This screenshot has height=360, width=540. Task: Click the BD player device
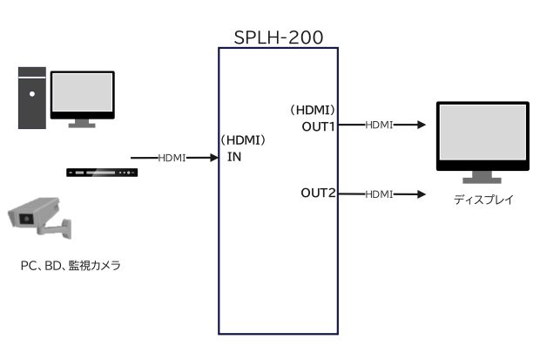click(x=102, y=171)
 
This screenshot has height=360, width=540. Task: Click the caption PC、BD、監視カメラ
click(x=70, y=266)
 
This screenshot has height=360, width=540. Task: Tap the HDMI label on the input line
click(x=172, y=158)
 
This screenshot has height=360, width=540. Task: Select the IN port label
click(x=234, y=157)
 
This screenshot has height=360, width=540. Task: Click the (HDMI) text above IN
click(x=243, y=139)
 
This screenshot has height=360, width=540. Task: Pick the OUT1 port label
click(x=319, y=126)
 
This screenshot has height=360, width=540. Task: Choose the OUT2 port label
click(x=319, y=193)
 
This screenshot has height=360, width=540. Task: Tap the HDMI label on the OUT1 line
click(x=379, y=125)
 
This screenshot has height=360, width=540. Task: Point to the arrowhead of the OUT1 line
click(x=422, y=125)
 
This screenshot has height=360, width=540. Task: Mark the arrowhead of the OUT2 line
click(x=422, y=193)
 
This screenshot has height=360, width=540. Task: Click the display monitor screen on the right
click(x=482, y=136)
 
